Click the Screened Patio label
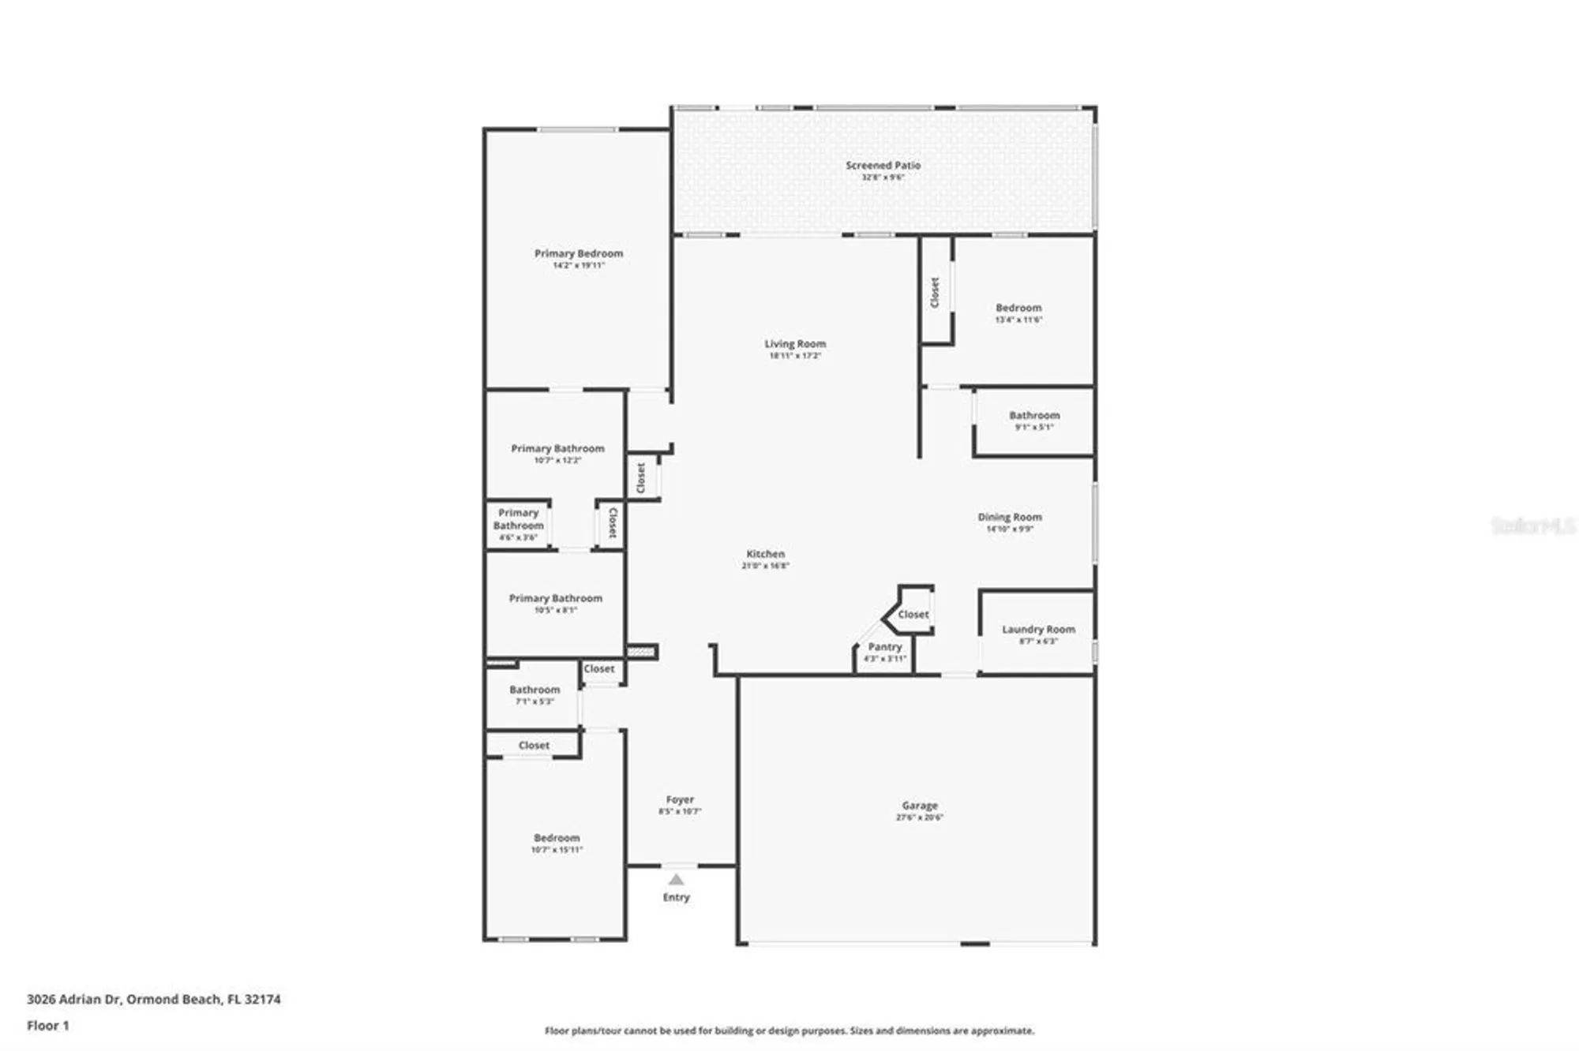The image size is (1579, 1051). pyautogui.click(x=883, y=166)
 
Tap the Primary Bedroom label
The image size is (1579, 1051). pyautogui.click(x=579, y=254)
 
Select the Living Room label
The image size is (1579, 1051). pyautogui.click(x=795, y=344)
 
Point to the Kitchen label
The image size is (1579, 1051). pyautogui.click(x=765, y=555)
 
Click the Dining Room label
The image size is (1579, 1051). pyautogui.click(x=1010, y=518)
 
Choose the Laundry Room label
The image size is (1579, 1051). pyautogui.click(x=1038, y=630)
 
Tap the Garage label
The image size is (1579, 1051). pyautogui.click(x=920, y=806)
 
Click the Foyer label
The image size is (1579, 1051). pyautogui.click(x=680, y=800)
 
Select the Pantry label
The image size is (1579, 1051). pyautogui.click(x=884, y=647)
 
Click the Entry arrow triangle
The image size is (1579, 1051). pyautogui.click(x=677, y=880)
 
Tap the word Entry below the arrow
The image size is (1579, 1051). pyautogui.click(x=676, y=898)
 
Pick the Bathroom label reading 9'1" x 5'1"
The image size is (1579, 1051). pyautogui.click(x=1034, y=416)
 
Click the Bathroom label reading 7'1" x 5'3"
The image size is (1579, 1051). pyautogui.click(x=534, y=690)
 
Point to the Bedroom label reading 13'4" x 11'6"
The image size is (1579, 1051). pyautogui.click(x=1018, y=309)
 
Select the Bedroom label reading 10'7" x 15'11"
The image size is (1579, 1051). pyautogui.click(x=557, y=839)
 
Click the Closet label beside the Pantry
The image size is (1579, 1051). pyautogui.click(x=913, y=615)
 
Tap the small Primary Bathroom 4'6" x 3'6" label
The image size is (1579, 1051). pyautogui.click(x=518, y=520)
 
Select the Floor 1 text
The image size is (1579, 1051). pyautogui.click(x=48, y=1026)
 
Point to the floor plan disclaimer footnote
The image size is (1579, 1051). pyautogui.click(x=789, y=1031)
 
